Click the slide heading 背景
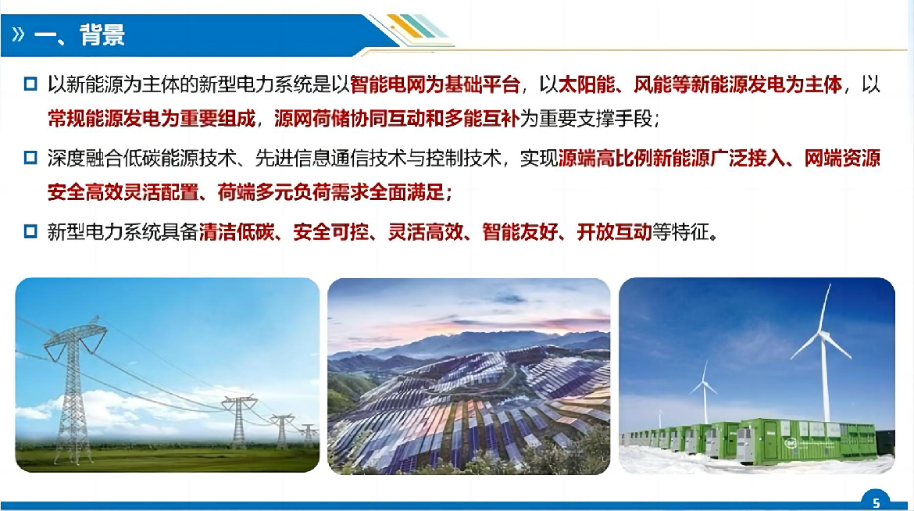pos(102,35)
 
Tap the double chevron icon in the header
pos(18,34)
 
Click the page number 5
pos(876,503)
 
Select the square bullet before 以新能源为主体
pos(30,84)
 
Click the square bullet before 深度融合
pos(30,158)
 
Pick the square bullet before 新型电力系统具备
pos(30,231)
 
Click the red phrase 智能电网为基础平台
pos(435,84)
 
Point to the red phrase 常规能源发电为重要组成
pos(152,119)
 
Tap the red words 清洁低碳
pos(237,232)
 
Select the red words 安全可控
pos(331,232)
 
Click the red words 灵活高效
pos(426,232)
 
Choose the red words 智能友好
pos(520,232)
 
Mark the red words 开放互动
pos(614,232)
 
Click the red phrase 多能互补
pos(482,119)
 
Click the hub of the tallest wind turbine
pos(823,334)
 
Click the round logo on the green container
pos(791,444)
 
